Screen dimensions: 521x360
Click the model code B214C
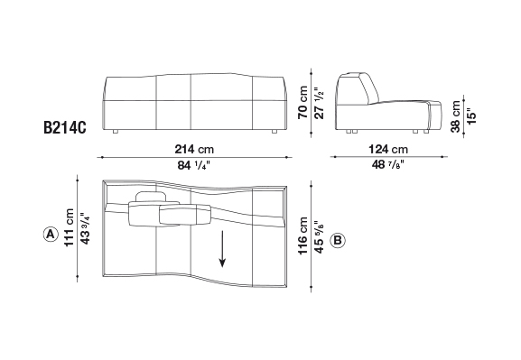click(65, 127)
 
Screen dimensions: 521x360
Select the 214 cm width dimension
click(194, 149)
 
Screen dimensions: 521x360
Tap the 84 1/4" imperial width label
click(194, 165)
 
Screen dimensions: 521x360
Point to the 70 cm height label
click(303, 102)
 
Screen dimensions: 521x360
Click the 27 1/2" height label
click(319, 104)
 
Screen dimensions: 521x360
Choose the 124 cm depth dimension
click(388, 149)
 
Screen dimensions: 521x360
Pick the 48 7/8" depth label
click(387, 164)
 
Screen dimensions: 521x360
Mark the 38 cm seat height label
click(456, 116)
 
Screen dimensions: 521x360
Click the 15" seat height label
click(471, 116)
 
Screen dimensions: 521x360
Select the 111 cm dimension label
click(70, 227)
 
